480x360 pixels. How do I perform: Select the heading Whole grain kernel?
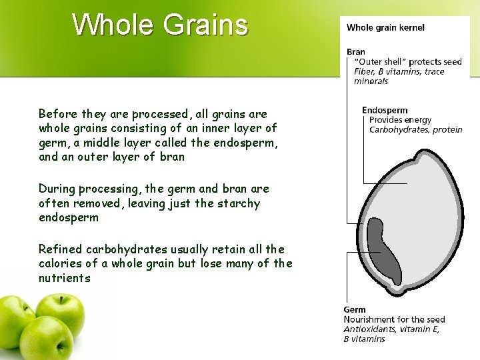(385, 27)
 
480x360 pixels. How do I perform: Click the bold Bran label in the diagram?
(356, 51)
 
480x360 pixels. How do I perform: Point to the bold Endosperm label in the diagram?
(384, 110)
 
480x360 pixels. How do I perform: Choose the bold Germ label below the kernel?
(355, 309)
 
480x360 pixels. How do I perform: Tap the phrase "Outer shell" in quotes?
(377, 61)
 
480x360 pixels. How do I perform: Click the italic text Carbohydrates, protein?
(415, 129)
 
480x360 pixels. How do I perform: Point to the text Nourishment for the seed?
(394, 319)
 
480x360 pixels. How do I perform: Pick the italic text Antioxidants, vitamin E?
(391, 329)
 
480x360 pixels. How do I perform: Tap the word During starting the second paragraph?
(58, 189)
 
